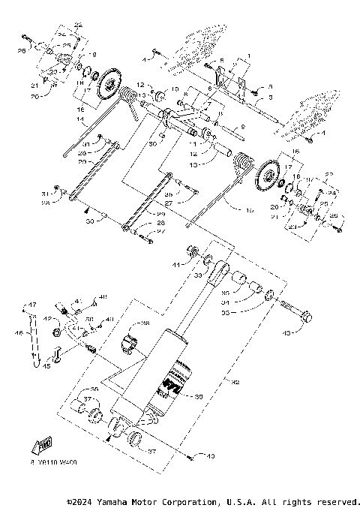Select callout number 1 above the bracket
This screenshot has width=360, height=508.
(x=240, y=56)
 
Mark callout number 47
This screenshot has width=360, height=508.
(x=32, y=304)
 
